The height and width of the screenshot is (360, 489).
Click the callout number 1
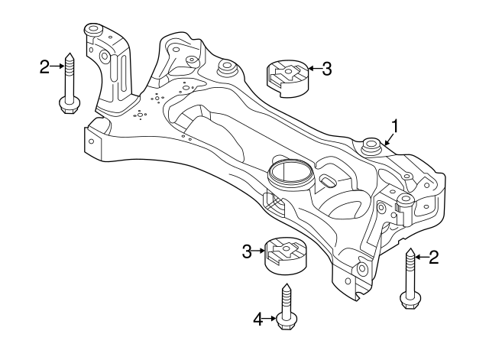click(396, 125)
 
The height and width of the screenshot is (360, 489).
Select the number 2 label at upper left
click(44, 67)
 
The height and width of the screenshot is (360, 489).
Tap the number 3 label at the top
click(327, 70)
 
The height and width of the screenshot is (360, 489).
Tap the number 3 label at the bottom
click(246, 250)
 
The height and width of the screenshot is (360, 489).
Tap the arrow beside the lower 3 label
click(258, 250)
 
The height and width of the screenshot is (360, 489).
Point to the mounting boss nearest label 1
click(372, 144)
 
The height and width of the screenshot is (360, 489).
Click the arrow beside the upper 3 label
click(313, 70)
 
